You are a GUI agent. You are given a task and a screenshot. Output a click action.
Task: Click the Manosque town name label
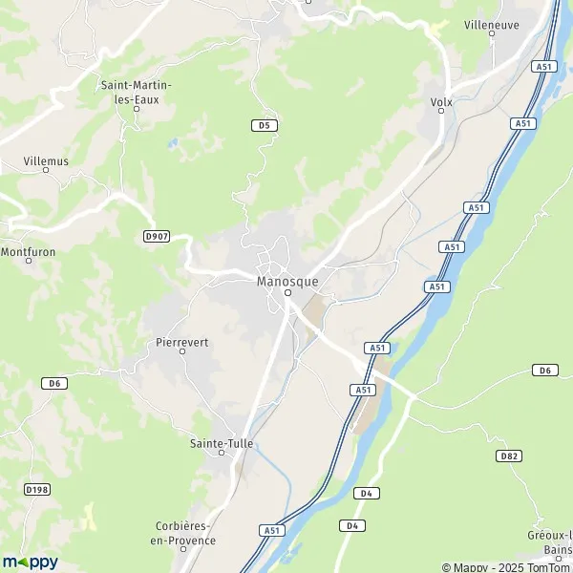287,282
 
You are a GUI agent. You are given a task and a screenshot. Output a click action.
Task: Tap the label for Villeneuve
492,25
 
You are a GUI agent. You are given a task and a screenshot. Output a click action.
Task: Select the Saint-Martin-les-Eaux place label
137,91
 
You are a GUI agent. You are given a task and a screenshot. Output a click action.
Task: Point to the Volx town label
441,101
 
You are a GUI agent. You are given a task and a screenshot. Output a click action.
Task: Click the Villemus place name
47,161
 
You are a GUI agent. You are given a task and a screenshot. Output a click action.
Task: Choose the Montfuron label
30,252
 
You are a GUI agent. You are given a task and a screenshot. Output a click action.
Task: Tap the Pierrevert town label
181,341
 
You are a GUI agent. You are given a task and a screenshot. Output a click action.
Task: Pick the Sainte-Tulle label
224,443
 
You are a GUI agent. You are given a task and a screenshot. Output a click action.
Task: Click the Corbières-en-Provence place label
186,533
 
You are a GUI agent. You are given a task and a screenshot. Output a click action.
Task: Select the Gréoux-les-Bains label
551,541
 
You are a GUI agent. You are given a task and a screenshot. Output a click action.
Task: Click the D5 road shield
264,125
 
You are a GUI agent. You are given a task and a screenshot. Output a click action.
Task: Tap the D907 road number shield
157,236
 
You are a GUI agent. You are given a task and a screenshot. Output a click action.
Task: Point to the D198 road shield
37,490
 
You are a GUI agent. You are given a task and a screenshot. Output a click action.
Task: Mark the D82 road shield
510,456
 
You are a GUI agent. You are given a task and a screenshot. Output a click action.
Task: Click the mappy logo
30,562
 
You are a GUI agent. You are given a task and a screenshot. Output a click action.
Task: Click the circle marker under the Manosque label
287,293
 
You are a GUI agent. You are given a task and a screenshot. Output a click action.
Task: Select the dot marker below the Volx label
441,112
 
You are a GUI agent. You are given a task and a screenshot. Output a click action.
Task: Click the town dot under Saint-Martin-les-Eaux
137,109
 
